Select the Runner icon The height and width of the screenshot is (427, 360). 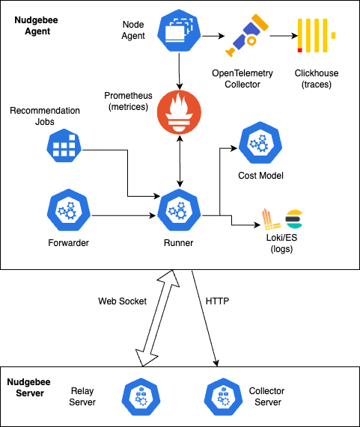coord(180,213)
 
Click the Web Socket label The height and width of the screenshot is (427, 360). coord(123,301)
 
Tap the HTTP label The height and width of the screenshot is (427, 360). coord(217,301)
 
